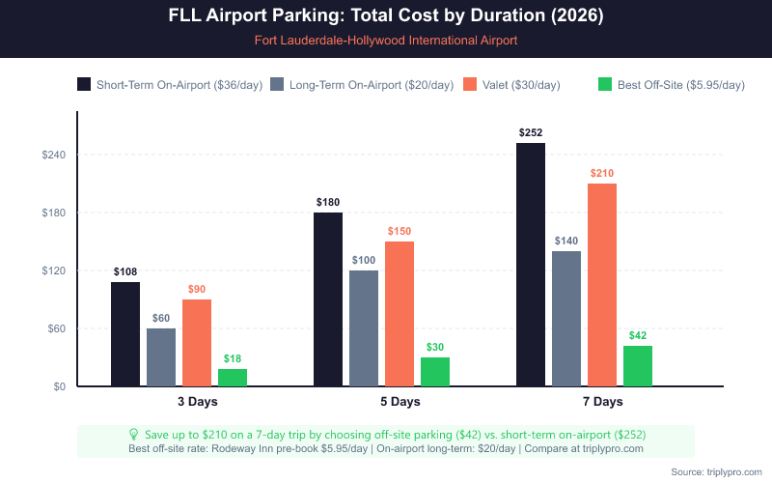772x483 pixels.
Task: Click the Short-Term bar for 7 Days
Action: pos(531,265)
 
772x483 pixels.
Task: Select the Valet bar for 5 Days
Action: pos(400,314)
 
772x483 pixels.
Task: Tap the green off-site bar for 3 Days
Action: pos(233,378)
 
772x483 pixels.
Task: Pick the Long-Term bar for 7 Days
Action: pos(566,319)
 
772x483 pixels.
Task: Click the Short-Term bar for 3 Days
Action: pos(125,334)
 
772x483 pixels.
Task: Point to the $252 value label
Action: pos(531,132)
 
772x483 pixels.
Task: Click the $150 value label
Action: pos(400,231)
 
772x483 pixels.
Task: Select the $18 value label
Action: pos(233,358)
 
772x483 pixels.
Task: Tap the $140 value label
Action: pos(566,241)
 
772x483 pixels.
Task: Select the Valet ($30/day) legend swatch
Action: pos(472,84)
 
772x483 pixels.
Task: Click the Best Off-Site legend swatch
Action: pos(606,84)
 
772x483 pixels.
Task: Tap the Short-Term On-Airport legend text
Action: pos(179,85)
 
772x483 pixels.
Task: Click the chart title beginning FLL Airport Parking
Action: pos(386,17)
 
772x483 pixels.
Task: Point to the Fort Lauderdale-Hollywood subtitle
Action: pos(386,41)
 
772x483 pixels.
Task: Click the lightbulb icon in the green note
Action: pos(134,435)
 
